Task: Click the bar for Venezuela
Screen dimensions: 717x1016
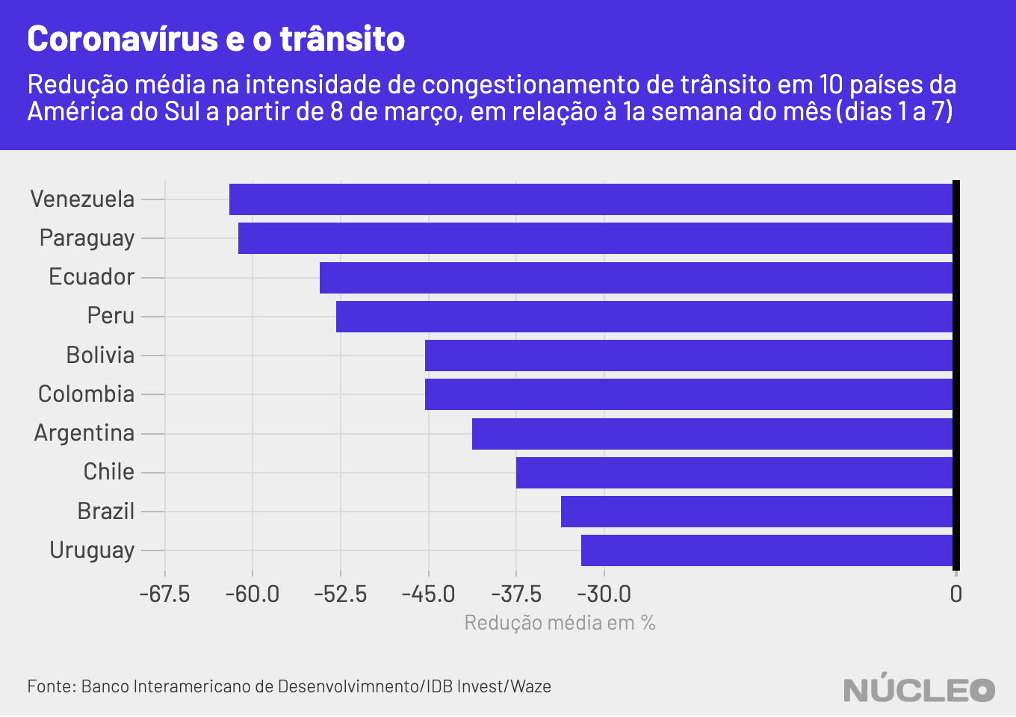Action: point(590,199)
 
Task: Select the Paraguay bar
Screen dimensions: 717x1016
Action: point(595,238)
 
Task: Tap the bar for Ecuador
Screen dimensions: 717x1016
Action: point(635,277)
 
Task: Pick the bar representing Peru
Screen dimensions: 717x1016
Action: point(644,317)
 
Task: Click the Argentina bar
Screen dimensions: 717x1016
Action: point(712,434)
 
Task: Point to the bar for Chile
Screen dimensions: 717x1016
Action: point(734,473)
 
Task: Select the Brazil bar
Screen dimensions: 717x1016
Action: point(756,512)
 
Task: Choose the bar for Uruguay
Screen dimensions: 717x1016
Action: point(766,550)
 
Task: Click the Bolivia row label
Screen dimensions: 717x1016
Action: point(100,355)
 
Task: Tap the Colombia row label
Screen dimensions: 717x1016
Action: point(87,394)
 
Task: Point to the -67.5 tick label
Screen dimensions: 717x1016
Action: point(165,595)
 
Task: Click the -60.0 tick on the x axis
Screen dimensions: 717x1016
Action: point(253,595)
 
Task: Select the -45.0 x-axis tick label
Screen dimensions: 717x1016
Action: point(428,595)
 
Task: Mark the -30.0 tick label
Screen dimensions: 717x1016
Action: point(604,595)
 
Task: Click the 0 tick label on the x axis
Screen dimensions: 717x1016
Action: point(955,595)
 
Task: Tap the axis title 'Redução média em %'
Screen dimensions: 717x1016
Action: point(560,623)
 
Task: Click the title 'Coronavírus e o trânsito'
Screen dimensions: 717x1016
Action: point(216,39)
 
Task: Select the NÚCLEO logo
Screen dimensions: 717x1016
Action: point(919,688)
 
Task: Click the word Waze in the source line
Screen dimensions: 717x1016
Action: point(531,686)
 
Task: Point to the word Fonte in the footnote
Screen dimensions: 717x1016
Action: point(51,686)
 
